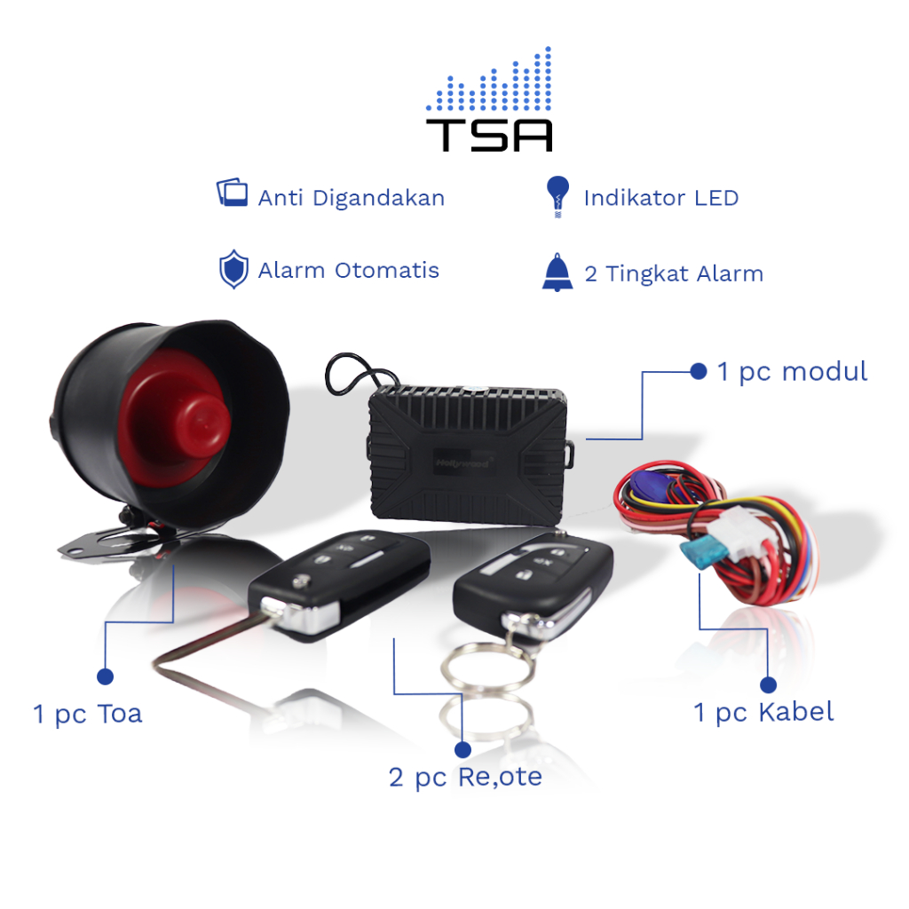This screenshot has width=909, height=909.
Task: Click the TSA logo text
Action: pos(489,133)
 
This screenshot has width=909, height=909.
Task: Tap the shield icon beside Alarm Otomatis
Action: pos(233,270)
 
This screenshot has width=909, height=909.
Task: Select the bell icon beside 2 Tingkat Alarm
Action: pos(557,272)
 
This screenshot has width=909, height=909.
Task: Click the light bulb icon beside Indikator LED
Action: pos(557,196)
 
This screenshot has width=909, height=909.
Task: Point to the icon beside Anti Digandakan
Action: pos(232,194)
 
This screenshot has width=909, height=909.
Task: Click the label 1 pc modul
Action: pos(792,371)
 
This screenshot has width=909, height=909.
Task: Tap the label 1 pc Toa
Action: pos(88,714)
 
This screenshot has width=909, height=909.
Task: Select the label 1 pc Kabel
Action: pos(763,711)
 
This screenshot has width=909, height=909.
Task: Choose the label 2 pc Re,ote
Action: pos(465,778)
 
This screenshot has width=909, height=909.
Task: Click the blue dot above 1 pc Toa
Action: pos(105,677)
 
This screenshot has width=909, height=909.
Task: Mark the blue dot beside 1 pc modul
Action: pos(699,371)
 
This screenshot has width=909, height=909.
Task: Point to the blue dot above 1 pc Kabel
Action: pos(769,684)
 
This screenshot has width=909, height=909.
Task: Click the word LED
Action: pos(717,197)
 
